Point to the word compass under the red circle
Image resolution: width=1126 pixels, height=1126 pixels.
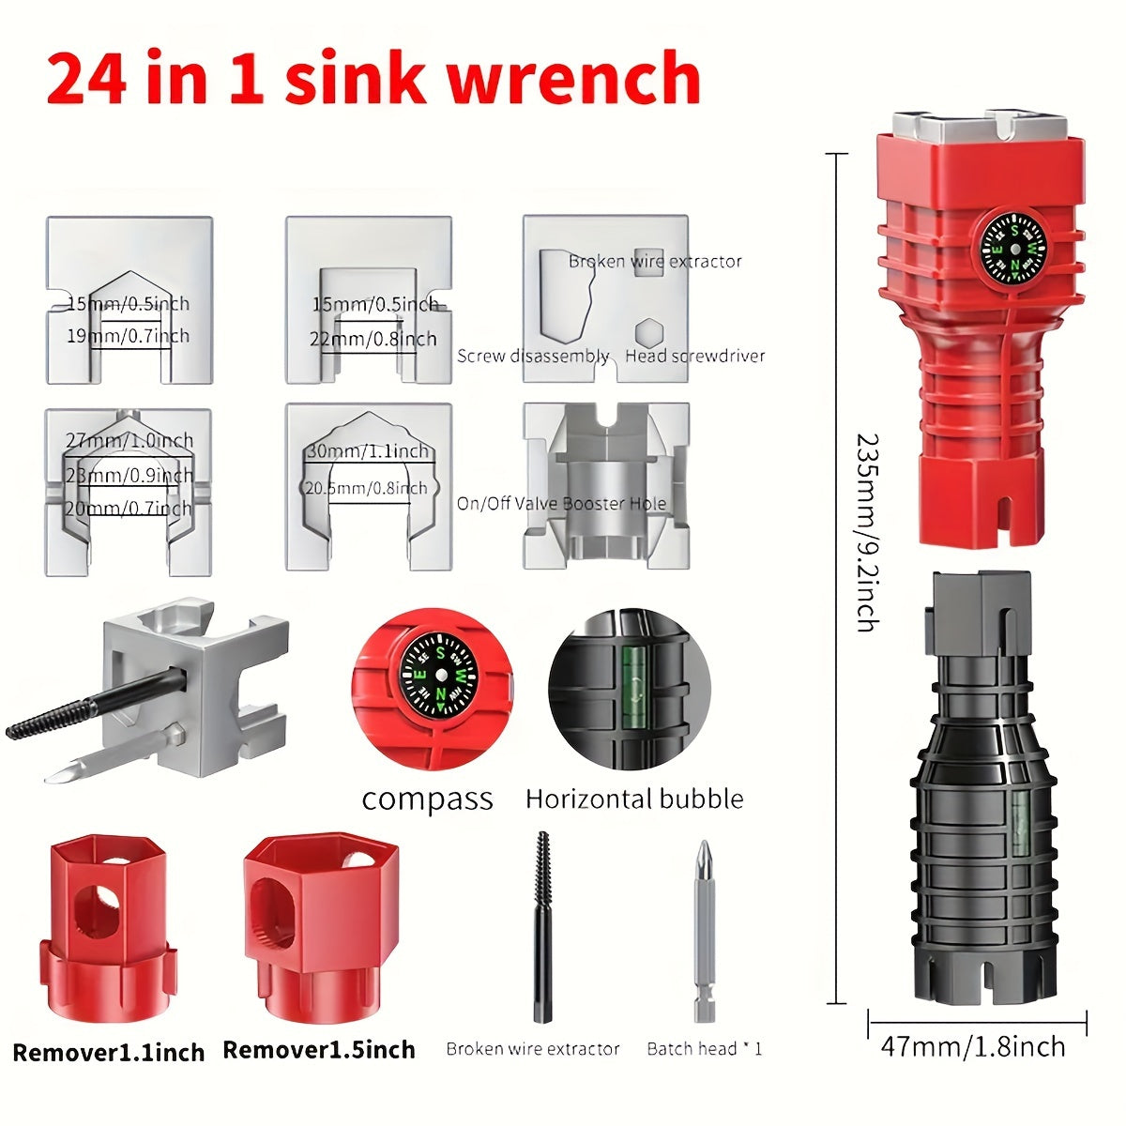427,799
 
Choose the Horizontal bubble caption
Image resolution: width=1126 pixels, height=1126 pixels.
634,799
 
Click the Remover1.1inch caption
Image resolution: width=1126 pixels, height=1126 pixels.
109,1052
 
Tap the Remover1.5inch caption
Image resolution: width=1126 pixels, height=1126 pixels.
319,1049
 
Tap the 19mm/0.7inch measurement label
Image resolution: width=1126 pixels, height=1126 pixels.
128,336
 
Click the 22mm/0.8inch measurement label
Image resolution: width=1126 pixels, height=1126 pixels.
373,340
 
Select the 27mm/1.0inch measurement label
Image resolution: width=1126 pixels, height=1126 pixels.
129,440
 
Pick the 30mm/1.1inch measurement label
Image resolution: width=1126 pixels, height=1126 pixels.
368,451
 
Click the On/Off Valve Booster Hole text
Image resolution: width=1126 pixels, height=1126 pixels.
561,504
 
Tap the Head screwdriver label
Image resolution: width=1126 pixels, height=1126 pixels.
694,357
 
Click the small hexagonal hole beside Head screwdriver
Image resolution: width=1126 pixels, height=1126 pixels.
647,332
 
